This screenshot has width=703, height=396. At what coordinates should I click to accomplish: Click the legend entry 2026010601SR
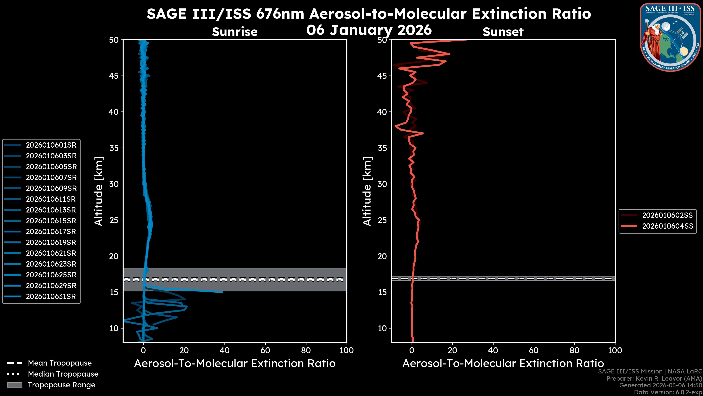tap(51, 145)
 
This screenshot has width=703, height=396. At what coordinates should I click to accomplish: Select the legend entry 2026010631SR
tap(51, 296)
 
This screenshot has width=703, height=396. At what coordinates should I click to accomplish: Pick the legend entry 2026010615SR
tap(51, 221)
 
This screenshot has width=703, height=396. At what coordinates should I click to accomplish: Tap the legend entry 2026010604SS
tap(667, 226)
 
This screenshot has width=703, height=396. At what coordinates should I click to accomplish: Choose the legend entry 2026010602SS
tap(667, 215)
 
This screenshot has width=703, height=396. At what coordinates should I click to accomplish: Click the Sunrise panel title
tap(235, 32)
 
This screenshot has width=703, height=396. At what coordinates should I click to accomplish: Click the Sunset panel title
tap(503, 32)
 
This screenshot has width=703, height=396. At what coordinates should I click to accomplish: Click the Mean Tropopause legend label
tap(60, 363)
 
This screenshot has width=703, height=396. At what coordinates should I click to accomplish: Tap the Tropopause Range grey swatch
tap(15, 385)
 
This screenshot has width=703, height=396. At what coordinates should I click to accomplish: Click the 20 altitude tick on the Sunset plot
tap(382, 256)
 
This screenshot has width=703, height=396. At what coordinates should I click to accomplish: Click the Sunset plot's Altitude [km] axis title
tap(367, 191)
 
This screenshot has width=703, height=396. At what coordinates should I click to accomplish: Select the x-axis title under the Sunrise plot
tap(235, 364)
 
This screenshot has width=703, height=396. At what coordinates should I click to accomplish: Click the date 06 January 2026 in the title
tap(369, 30)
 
